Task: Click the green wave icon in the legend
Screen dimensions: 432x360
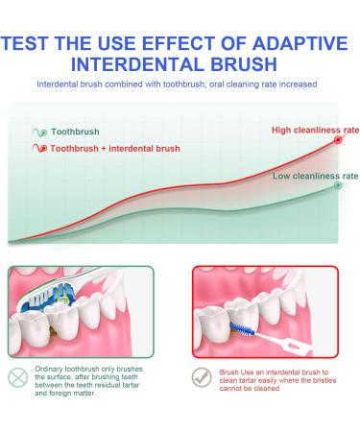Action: click(37, 131)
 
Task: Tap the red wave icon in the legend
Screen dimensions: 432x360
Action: click(37, 149)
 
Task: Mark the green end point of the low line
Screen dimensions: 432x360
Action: click(338, 186)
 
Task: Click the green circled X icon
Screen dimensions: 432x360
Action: click(19, 378)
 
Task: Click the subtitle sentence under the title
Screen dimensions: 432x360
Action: click(180, 85)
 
